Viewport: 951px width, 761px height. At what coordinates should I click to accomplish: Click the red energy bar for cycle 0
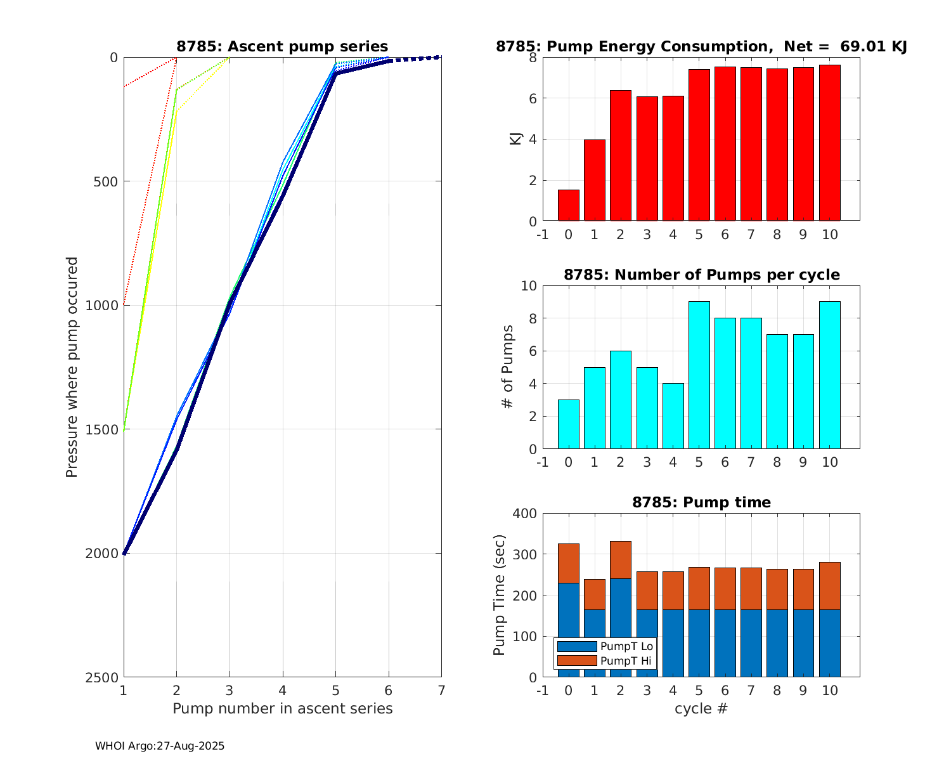point(568,205)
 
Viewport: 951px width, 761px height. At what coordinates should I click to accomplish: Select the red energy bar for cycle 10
point(829,143)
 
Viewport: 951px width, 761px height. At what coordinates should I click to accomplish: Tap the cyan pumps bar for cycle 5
point(699,375)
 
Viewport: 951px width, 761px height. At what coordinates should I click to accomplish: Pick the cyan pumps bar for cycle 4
point(673,416)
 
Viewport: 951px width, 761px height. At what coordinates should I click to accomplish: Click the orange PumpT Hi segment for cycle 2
point(620,560)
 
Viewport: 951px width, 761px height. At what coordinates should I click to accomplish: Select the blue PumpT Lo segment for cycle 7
point(751,643)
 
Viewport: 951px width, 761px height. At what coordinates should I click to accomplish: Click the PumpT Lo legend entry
point(605,647)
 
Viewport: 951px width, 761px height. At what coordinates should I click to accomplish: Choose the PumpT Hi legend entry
point(605,661)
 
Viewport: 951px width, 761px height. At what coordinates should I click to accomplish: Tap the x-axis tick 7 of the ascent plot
point(441,690)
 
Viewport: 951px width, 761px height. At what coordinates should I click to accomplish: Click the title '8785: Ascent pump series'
point(282,46)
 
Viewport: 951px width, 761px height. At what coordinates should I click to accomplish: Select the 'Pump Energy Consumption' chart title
point(701,46)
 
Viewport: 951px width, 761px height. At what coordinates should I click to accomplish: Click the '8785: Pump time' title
point(701,503)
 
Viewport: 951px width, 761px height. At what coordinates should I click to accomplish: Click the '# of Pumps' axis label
point(507,367)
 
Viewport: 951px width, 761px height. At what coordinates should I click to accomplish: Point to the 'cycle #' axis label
point(701,708)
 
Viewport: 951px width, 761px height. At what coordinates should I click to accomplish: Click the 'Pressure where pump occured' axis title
point(72,367)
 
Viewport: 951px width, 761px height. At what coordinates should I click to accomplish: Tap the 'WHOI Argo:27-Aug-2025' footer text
point(160,746)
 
